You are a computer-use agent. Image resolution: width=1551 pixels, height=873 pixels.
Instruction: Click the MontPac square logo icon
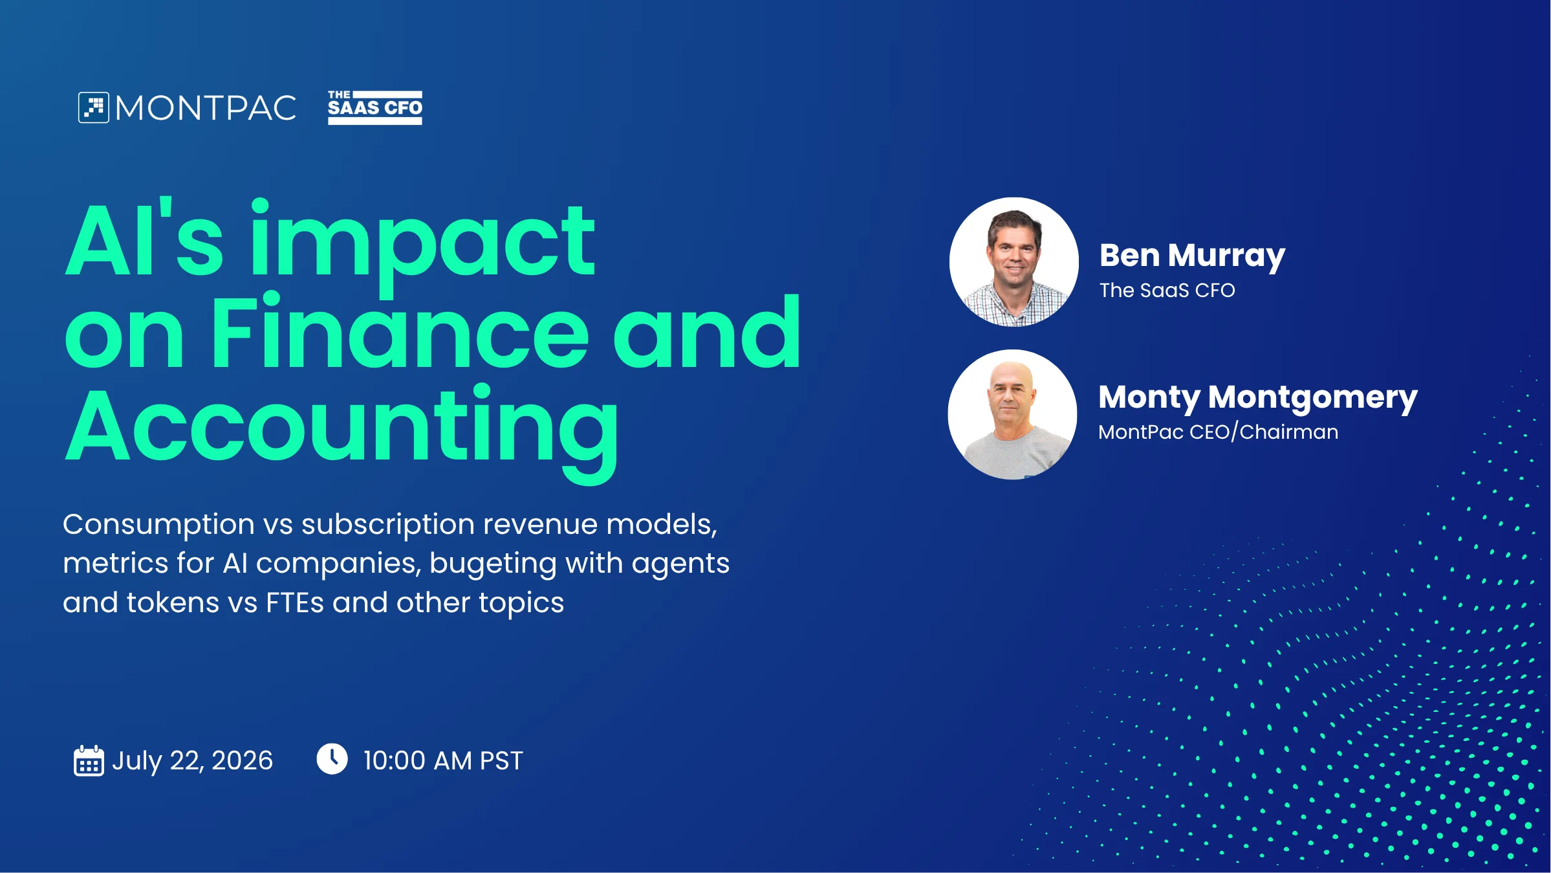(94, 107)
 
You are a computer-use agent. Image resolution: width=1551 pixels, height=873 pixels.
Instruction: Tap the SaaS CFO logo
(375, 107)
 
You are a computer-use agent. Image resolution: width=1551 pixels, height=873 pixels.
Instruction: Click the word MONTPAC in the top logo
(206, 108)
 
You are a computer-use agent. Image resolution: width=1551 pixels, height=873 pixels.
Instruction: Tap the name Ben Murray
(1193, 256)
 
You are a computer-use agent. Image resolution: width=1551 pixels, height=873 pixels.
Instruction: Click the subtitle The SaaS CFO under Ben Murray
(1167, 290)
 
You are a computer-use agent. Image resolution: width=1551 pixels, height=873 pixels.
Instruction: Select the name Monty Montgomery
(1258, 398)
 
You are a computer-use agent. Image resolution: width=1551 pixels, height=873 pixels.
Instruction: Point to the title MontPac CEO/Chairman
(1219, 432)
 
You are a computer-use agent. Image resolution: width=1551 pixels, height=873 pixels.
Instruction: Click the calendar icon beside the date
(89, 760)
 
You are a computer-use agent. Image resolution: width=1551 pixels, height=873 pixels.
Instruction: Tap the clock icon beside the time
(332, 758)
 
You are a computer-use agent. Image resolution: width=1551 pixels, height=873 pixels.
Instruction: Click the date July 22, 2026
(192, 761)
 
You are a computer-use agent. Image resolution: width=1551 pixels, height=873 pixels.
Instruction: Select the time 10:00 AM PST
(443, 761)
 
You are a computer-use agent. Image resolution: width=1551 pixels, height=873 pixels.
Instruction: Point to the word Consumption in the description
(158, 525)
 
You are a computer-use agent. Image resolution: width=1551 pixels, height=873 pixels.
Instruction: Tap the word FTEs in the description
(295, 603)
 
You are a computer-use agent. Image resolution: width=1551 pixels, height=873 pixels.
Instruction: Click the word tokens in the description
(173, 603)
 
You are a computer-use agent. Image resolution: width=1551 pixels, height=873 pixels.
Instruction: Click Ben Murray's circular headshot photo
(1014, 262)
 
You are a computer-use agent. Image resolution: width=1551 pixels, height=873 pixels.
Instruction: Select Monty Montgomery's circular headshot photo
(1013, 415)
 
